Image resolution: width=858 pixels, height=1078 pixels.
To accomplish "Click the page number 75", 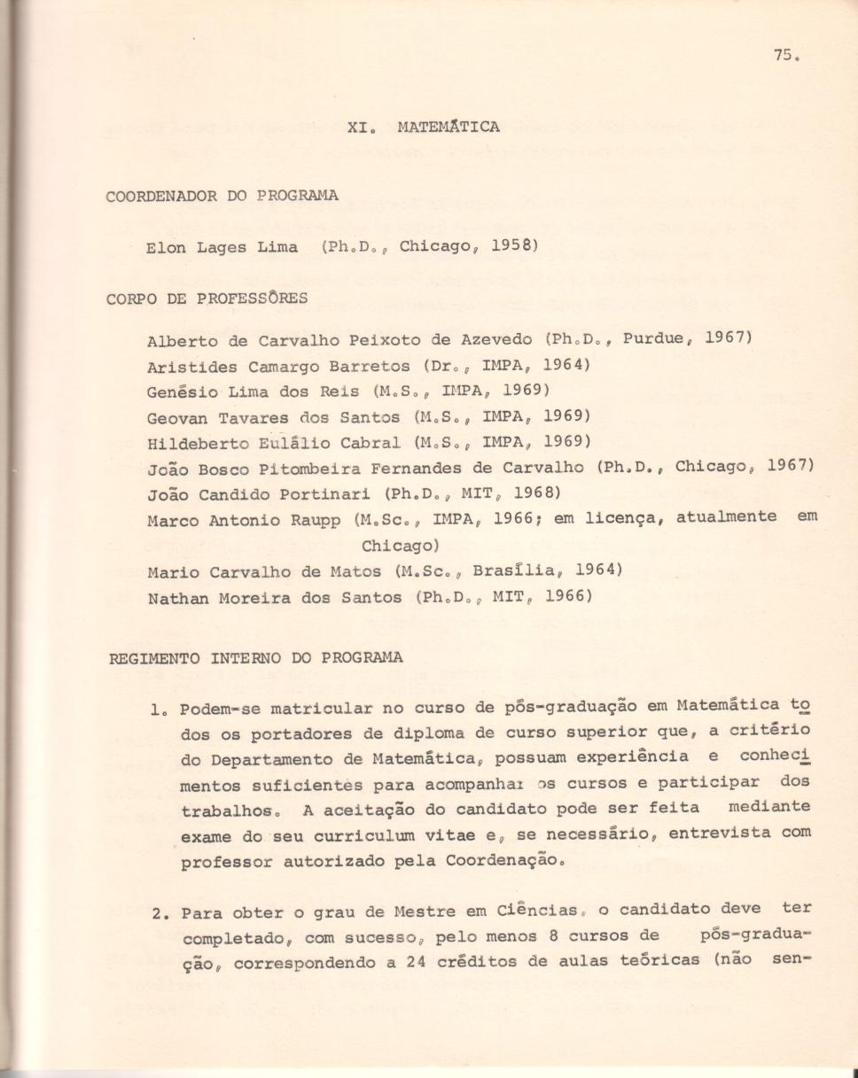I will pos(783,54).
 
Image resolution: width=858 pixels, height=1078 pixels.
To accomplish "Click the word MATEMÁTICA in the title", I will pos(448,127).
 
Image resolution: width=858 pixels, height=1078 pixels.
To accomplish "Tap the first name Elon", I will pos(166,247).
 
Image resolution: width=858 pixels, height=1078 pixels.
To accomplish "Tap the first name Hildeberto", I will pos(193,442).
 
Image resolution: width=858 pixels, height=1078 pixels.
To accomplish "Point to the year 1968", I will pos(534,492).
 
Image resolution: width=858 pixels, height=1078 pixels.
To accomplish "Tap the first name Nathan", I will pos(176,597).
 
